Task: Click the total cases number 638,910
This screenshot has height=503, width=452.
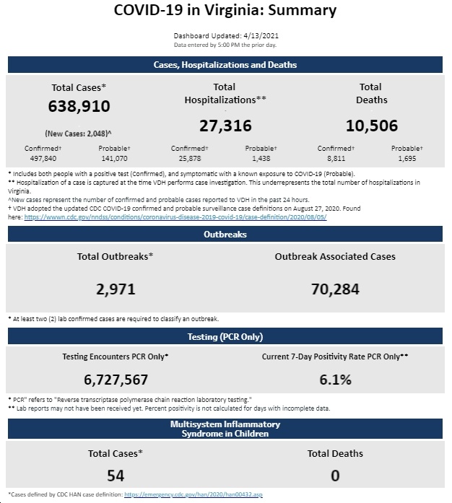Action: tap(79, 106)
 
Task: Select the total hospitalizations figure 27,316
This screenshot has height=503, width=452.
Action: tap(225, 126)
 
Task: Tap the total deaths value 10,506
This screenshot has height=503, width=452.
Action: tap(372, 126)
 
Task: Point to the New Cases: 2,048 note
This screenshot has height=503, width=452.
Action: tap(78, 134)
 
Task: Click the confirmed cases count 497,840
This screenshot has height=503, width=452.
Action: tap(43, 159)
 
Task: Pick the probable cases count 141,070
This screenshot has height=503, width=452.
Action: tap(114, 159)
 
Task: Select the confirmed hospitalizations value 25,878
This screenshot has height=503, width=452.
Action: tap(190, 159)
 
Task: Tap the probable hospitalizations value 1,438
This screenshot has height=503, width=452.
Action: tap(261, 159)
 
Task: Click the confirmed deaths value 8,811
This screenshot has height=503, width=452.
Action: tap(336, 159)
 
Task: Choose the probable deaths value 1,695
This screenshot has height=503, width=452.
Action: tap(407, 159)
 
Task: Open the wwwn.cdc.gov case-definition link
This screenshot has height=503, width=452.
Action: tap(175, 217)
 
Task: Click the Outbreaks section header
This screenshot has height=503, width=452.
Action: tap(225, 235)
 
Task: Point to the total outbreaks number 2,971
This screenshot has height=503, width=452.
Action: tap(116, 289)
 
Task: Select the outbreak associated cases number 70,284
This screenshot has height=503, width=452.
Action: tap(335, 289)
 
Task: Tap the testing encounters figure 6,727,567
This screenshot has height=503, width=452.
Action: tap(116, 380)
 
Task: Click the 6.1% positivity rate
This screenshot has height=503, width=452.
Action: tap(335, 380)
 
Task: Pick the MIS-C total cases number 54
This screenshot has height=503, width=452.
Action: tap(116, 476)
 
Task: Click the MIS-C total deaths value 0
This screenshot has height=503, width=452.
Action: tap(335, 476)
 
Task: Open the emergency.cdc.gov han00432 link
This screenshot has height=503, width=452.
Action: tap(194, 494)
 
